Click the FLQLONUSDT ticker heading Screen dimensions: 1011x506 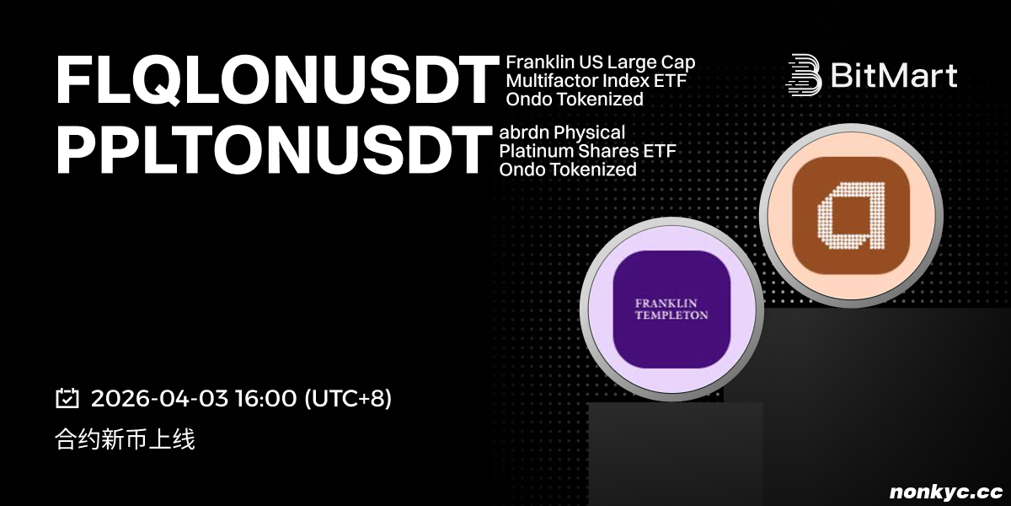pyautogui.click(x=276, y=80)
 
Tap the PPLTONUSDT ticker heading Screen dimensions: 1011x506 pyautogui.click(x=274, y=150)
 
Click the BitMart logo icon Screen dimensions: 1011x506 pyautogui.click(x=804, y=75)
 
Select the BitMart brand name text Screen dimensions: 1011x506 pyautogui.click(x=894, y=74)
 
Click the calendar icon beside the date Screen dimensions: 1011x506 pyautogui.click(x=67, y=398)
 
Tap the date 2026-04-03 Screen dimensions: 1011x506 pyautogui.click(x=159, y=398)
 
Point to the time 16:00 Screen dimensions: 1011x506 pyautogui.click(x=266, y=398)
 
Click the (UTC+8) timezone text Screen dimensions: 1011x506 pyautogui.click(x=349, y=398)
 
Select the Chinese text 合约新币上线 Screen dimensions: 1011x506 pyautogui.click(x=125, y=439)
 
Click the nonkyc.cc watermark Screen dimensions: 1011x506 pyautogui.click(x=946, y=492)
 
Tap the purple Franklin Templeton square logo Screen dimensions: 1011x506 pyautogui.click(x=671, y=310)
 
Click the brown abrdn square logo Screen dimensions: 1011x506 pyautogui.click(x=851, y=216)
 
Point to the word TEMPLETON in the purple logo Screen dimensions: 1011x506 pyautogui.click(x=671, y=315)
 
